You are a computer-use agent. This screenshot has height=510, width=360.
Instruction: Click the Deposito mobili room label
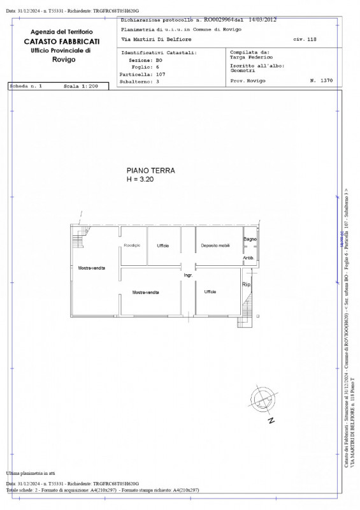[215, 246]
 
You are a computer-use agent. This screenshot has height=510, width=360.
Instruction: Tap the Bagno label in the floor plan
[249, 239]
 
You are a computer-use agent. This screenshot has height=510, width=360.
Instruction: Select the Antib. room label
[248, 258]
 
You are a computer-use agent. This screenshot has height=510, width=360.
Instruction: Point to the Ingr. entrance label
[188, 275]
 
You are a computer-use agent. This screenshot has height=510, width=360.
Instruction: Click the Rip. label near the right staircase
[247, 285]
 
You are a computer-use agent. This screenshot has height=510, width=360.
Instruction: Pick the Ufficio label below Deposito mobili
[210, 292]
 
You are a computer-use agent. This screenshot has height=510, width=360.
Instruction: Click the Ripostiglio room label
[132, 246]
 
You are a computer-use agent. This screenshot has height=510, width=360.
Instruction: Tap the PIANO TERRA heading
[150, 171]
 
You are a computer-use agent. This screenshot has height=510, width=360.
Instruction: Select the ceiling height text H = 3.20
[140, 180]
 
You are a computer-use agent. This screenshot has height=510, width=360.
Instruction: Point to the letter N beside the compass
[271, 421]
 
